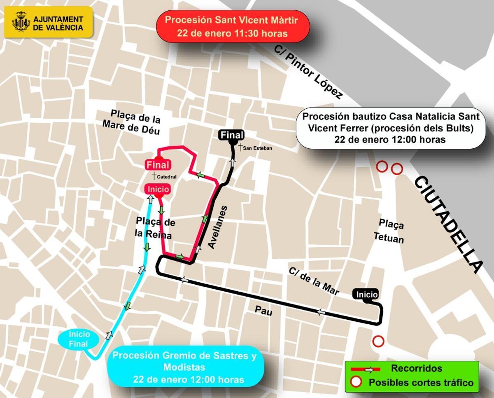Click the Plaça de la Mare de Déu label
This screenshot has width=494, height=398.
[135, 121]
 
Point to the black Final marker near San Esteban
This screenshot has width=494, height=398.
[232, 135]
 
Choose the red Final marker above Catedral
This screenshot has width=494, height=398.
[158, 165]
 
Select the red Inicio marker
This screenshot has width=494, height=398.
[157, 189]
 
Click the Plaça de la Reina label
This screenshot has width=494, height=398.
[155, 229]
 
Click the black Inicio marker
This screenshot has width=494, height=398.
[366, 295]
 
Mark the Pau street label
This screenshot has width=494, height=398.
[263, 311]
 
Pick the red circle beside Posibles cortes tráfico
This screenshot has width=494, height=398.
[357, 382]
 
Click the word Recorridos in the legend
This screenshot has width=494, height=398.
[416, 368]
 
